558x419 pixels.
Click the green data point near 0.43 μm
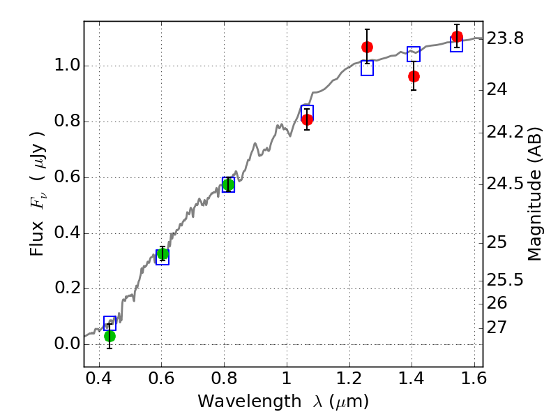110,336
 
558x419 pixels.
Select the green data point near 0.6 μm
163,253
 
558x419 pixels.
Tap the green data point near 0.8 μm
228,184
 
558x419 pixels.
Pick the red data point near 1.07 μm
307,119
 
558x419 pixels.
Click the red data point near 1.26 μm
367,47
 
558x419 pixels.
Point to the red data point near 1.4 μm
414,76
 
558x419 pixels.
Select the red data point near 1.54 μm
457,37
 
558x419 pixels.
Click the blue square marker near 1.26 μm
368,68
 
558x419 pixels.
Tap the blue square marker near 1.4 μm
414,54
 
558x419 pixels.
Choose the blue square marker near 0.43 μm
110,323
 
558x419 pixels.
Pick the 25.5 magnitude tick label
505,280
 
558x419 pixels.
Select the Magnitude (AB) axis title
535,193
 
